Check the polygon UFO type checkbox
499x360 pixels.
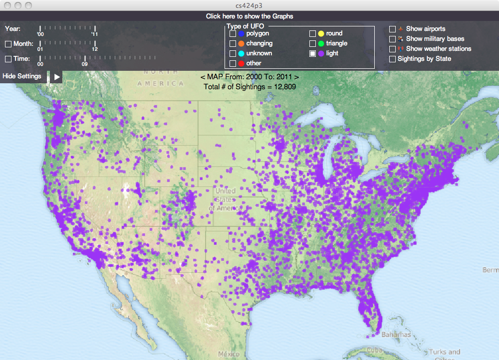[x=233, y=33]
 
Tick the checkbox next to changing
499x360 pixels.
[x=233, y=43]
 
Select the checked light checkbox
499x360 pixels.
[x=313, y=53]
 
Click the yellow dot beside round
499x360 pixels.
[x=321, y=33]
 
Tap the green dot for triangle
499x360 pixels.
[x=321, y=43]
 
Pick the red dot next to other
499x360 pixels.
[x=242, y=63]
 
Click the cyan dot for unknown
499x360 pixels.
[x=242, y=53]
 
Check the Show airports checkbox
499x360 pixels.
[x=393, y=29]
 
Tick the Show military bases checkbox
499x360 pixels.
[x=393, y=39]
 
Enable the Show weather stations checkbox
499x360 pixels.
[x=393, y=49]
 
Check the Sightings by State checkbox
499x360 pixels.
[x=393, y=59]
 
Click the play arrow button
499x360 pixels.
[x=57, y=77]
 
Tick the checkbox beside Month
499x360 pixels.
[x=8, y=44]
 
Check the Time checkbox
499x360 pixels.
[x=8, y=59]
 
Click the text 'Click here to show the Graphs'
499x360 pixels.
[x=249, y=16]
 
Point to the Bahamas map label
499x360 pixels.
[x=397, y=335]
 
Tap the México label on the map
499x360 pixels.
[x=229, y=354]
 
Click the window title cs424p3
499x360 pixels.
[x=249, y=5]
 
